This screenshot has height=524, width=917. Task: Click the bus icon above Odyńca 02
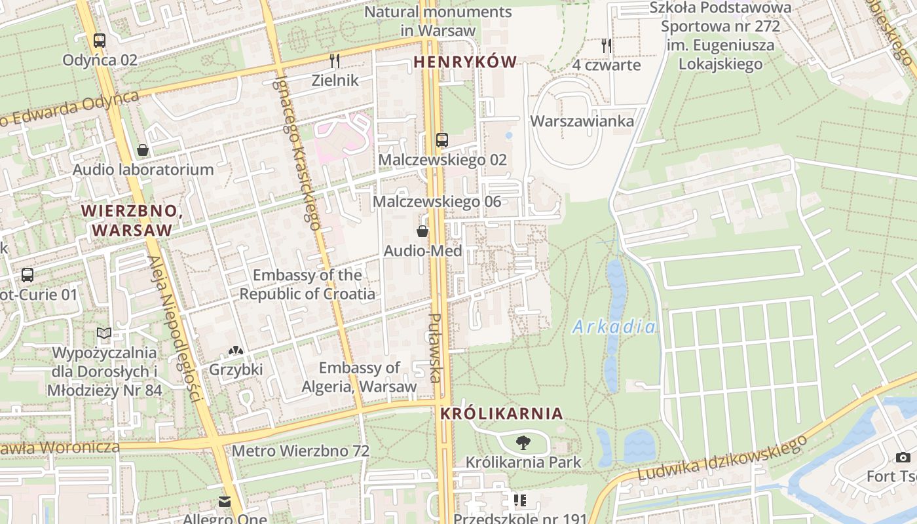point(100,41)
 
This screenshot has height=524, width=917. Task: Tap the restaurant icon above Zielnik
point(335,61)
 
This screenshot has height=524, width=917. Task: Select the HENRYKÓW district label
point(465,62)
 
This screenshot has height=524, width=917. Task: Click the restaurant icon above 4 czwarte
point(607,45)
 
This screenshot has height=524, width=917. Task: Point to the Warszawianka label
point(582,121)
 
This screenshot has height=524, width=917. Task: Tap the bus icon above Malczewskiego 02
point(442,140)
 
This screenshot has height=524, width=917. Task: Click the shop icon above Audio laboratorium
point(143,150)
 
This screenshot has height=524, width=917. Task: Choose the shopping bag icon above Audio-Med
point(423,231)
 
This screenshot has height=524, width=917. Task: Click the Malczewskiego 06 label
point(437,202)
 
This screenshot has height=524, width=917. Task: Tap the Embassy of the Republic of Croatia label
point(307,284)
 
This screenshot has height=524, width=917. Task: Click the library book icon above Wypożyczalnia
point(104,333)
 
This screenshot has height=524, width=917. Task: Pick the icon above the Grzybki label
point(236,351)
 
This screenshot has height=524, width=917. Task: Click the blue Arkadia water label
point(614,327)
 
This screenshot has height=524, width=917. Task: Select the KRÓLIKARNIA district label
point(502,414)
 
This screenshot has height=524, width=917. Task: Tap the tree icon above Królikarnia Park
point(523,443)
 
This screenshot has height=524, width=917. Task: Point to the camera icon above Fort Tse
point(903,457)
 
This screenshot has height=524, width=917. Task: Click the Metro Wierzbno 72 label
point(301,451)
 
